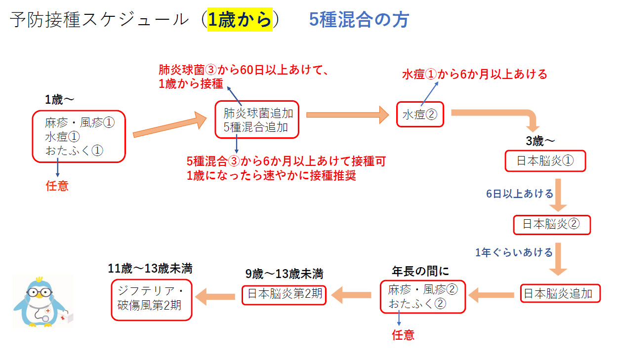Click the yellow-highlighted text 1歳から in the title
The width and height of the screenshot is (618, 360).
[x=240, y=20]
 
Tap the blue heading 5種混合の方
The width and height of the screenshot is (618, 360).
[x=359, y=20]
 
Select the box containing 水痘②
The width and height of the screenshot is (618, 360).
[x=420, y=115]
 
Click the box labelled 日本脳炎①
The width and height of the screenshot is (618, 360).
[x=545, y=161]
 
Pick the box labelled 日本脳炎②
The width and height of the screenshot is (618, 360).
[x=552, y=225]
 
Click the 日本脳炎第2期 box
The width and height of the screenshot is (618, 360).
[x=284, y=294]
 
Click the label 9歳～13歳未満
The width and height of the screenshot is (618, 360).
[x=284, y=274]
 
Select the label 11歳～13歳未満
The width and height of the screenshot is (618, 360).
[x=150, y=269]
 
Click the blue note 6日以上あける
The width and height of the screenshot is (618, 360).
[x=520, y=194]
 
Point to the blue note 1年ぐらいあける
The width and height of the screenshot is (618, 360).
[x=514, y=252]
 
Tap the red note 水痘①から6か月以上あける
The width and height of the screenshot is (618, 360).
[x=474, y=75]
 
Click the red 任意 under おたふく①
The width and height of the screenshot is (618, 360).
[x=57, y=186]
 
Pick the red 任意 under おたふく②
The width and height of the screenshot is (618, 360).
[x=403, y=335]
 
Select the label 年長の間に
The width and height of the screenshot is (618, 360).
[x=420, y=271]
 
